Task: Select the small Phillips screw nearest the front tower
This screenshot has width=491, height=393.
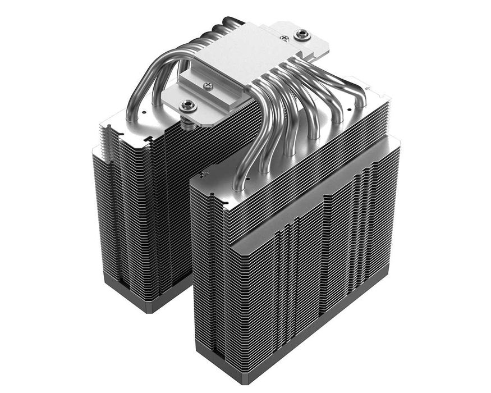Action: (209, 86)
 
